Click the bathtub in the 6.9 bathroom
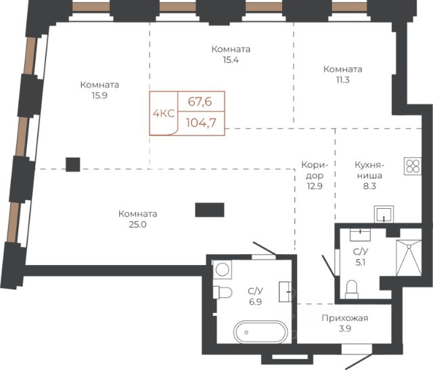tap(260, 332)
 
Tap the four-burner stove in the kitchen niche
tap(413, 166)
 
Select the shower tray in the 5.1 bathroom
tap(409, 258)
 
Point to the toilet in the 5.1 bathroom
tap(352, 289)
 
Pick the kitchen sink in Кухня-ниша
tap(384, 214)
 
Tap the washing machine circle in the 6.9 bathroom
tap(223, 269)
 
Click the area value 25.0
tap(137, 224)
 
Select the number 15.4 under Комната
tap(231, 60)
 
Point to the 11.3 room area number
tap(343, 80)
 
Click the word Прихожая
tap(345, 318)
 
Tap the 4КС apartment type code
tap(164, 113)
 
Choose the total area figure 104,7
tap(201, 123)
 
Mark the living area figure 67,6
tap(200, 102)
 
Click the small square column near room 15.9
tap(73, 164)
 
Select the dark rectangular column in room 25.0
tap(210, 210)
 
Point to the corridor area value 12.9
tap(315, 186)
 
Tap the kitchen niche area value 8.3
tap(369, 186)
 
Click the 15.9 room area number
tap(99, 96)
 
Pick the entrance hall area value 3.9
tap(345, 329)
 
